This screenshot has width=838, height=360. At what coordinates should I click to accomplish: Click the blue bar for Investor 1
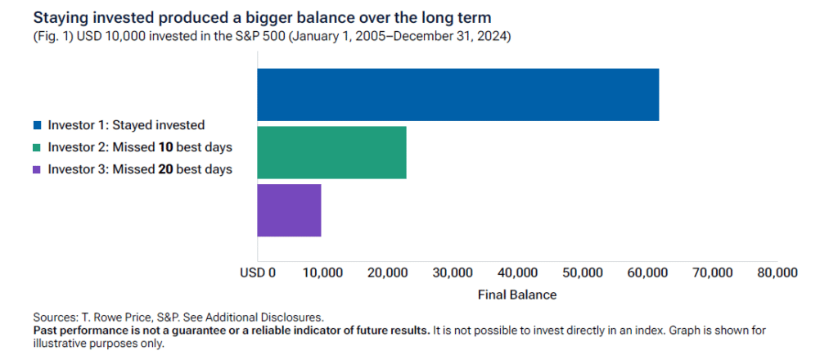[x=457, y=95]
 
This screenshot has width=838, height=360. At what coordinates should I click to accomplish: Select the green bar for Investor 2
[x=331, y=152]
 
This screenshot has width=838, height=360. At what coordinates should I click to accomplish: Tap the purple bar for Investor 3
[x=289, y=210]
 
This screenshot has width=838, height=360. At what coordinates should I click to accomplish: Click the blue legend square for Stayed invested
[x=37, y=126]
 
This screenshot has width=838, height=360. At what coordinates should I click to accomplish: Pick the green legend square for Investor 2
[x=37, y=148]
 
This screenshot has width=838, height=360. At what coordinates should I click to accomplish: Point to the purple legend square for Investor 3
[x=37, y=170]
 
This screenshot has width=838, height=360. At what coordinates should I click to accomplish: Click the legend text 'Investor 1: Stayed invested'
[x=126, y=126]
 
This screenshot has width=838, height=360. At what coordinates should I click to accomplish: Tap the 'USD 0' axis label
[x=257, y=272]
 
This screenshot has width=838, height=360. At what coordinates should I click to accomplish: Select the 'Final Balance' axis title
[x=516, y=294]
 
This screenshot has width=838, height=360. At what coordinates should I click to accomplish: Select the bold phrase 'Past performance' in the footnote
[x=82, y=330]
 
